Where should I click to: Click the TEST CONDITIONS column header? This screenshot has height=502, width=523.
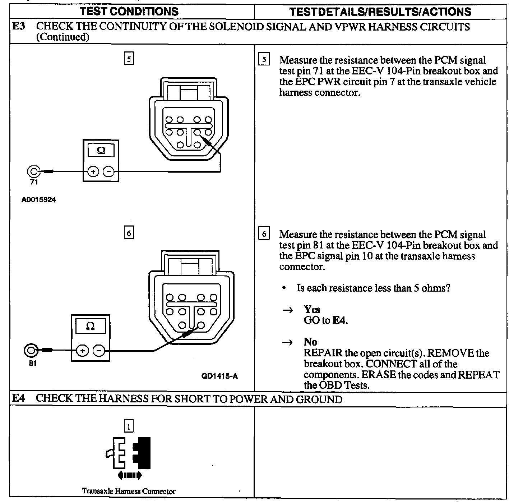[129, 11]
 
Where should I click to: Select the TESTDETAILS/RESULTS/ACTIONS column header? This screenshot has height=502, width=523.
[380, 12]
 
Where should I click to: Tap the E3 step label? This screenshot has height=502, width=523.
[19, 27]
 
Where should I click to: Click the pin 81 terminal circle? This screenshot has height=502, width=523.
[31, 350]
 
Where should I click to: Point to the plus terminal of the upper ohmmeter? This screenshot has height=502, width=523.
[93, 172]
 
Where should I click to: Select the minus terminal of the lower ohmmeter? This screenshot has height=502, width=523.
[99, 350]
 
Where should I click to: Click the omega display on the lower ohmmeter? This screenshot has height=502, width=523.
[90, 326]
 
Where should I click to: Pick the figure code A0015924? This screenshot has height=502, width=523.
[38, 200]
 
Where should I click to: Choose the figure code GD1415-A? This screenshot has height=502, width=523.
[219, 376]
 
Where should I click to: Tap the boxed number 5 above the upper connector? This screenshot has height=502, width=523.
[129, 59]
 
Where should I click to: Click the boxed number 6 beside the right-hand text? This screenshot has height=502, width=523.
[263, 234]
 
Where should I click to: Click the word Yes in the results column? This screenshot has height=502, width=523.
[312, 309]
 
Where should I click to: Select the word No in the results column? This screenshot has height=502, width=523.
[310, 341]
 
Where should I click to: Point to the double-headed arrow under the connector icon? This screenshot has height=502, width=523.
[130, 475]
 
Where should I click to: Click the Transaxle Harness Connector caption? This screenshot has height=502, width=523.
[129, 491]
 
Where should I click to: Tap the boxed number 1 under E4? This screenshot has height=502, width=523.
[128, 426]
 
